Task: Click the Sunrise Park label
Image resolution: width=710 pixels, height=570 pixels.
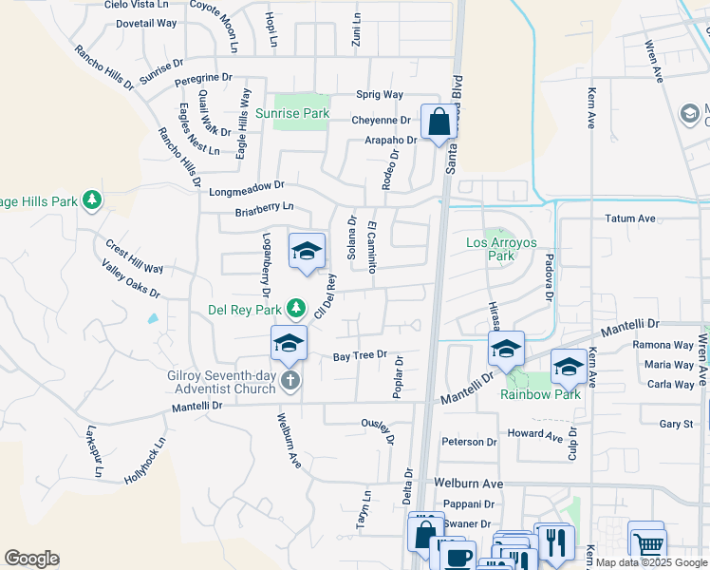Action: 292,113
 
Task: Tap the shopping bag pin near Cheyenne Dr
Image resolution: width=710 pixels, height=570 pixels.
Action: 439,123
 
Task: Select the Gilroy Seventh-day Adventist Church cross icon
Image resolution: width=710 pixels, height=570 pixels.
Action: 290,381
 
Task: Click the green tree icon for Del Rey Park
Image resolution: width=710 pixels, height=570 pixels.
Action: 296,309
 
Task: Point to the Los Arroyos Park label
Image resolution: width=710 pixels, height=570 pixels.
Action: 501,249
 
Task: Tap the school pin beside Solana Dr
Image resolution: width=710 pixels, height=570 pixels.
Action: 307,252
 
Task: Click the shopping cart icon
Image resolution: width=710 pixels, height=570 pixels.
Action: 647,544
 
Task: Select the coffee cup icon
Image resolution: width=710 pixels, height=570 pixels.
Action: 459,557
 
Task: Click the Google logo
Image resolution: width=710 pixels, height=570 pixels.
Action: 31,559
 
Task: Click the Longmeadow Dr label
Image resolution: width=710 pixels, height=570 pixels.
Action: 247,189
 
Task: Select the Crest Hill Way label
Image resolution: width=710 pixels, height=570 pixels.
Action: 135,256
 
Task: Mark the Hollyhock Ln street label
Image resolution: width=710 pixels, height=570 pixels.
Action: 144,461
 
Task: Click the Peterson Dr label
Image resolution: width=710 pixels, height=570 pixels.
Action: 469,442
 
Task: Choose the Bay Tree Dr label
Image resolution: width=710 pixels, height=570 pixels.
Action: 361,356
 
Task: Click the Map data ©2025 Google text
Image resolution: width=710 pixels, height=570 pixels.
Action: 651,562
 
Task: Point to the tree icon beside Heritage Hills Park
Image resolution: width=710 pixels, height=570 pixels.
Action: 92,200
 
